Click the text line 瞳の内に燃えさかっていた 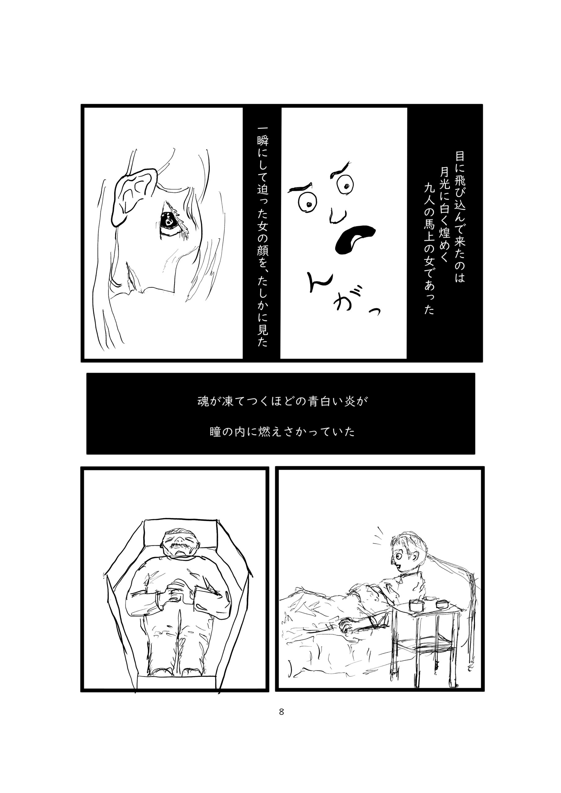coord(282,432)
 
